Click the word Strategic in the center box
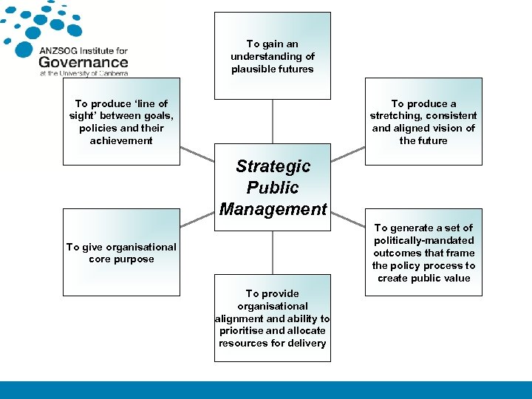[273, 166]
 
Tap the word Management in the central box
[273, 209]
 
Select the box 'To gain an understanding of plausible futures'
[272, 55]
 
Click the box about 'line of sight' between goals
[121, 121]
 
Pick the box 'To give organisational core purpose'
[121, 253]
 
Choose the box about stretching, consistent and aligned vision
[423, 121]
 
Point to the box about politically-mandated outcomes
[423, 253]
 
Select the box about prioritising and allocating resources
[272, 318]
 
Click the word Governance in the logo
[83, 62]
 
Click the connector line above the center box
[273, 121]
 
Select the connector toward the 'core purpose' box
[197, 217]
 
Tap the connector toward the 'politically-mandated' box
[347, 217]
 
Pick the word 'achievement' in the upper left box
[121, 140]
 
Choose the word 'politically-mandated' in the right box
[423, 240]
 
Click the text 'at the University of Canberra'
[83, 73]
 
